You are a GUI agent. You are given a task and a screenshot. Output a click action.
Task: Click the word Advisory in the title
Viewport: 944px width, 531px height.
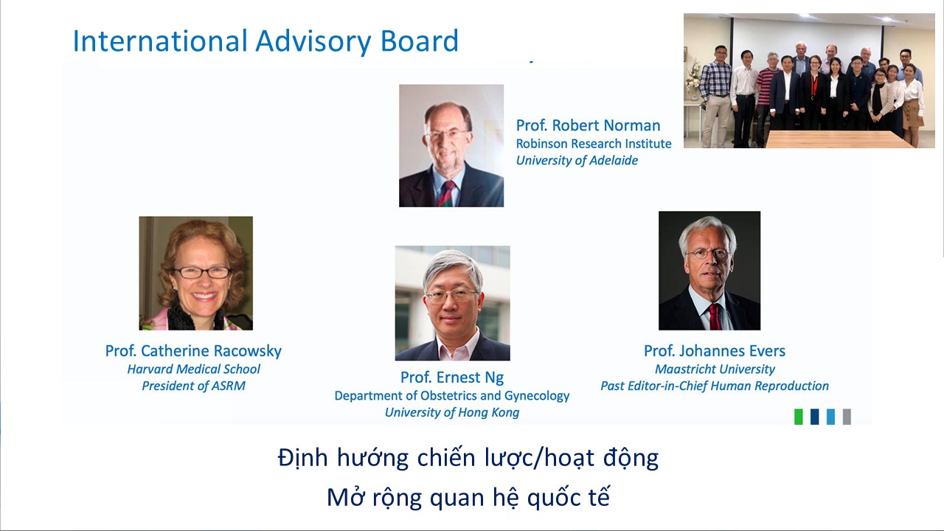click(313, 42)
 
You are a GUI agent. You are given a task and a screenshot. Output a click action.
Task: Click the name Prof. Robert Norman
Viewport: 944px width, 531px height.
click(588, 125)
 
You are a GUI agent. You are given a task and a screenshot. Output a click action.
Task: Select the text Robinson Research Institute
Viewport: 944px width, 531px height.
click(594, 144)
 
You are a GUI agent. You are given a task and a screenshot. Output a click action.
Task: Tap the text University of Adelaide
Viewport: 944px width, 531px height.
click(577, 161)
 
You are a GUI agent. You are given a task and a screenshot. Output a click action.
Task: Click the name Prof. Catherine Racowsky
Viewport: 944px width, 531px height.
click(193, 351)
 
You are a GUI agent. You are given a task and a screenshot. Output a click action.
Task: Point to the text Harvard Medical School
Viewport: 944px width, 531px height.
click(193, 369)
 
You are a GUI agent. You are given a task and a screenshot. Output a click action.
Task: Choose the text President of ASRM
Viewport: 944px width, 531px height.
click(193, 386)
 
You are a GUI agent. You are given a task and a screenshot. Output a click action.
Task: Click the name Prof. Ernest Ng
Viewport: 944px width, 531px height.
click(452, 378)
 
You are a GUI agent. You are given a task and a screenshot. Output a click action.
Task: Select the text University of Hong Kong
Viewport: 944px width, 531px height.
click(452, 412)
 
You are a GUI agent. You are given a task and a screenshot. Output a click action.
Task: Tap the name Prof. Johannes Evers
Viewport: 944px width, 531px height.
click(715, 351)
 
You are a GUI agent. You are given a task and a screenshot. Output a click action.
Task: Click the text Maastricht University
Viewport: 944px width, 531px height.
click(715, 369)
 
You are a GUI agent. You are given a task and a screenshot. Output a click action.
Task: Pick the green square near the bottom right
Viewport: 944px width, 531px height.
click(798, 417)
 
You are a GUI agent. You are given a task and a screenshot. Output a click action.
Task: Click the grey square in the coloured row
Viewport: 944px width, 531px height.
click(847, 417)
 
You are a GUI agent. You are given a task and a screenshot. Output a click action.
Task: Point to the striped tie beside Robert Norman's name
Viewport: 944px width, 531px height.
click(447, 194)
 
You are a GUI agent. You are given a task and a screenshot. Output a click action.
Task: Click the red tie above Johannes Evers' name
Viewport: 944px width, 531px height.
click(715, 316)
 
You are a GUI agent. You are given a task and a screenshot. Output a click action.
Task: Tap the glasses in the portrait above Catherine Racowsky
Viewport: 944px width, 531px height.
click(201, 272)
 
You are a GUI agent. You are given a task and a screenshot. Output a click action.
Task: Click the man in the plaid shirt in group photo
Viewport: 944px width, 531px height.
click(715, 96)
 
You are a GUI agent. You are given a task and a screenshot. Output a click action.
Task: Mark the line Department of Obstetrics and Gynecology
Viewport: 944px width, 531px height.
click(452, 396)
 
